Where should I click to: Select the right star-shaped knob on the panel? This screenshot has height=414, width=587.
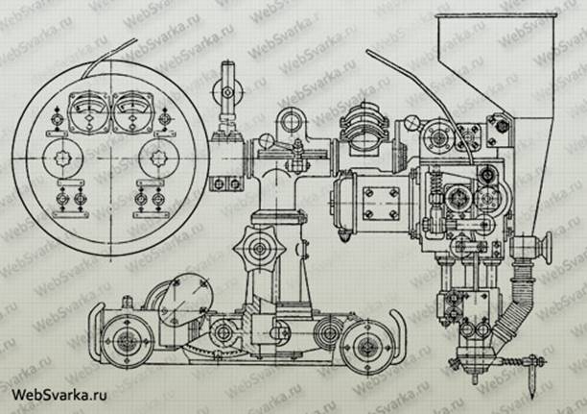tap(153, 157)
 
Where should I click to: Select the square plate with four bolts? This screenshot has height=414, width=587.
tap(384, 203)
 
